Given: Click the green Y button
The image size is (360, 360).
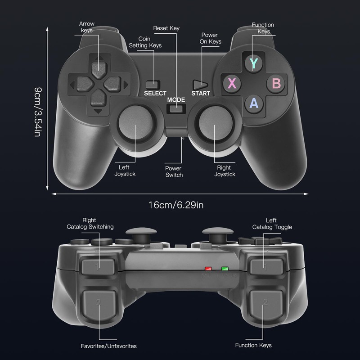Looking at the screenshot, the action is coord(254,63).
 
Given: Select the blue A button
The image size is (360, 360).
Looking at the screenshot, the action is coord(254,103).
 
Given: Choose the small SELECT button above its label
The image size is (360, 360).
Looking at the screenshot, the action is coord(153,84).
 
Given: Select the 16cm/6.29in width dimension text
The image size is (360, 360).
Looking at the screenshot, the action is coord(176,205).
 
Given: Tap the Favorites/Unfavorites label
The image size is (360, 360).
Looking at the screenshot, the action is coord(108,346).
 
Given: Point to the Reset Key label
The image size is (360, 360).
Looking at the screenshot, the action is coord(166,28).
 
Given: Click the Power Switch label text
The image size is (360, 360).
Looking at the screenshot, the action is coord(174,171).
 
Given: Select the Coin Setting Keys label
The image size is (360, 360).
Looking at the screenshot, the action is coord(145,42).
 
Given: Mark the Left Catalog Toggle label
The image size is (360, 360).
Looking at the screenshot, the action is coord(271,224).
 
